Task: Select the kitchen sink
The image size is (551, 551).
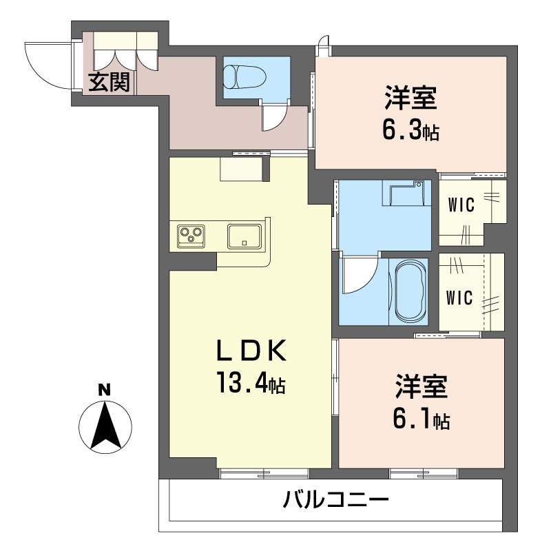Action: [x=244, y=236]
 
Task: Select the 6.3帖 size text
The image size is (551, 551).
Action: [x=410, y=130]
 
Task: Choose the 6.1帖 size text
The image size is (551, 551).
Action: [x=421, y=419]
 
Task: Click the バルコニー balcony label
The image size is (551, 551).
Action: [x=336, y=499]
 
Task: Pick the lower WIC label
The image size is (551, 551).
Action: [x=459, y=298]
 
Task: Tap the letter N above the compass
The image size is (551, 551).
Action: [x=105, y=390]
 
